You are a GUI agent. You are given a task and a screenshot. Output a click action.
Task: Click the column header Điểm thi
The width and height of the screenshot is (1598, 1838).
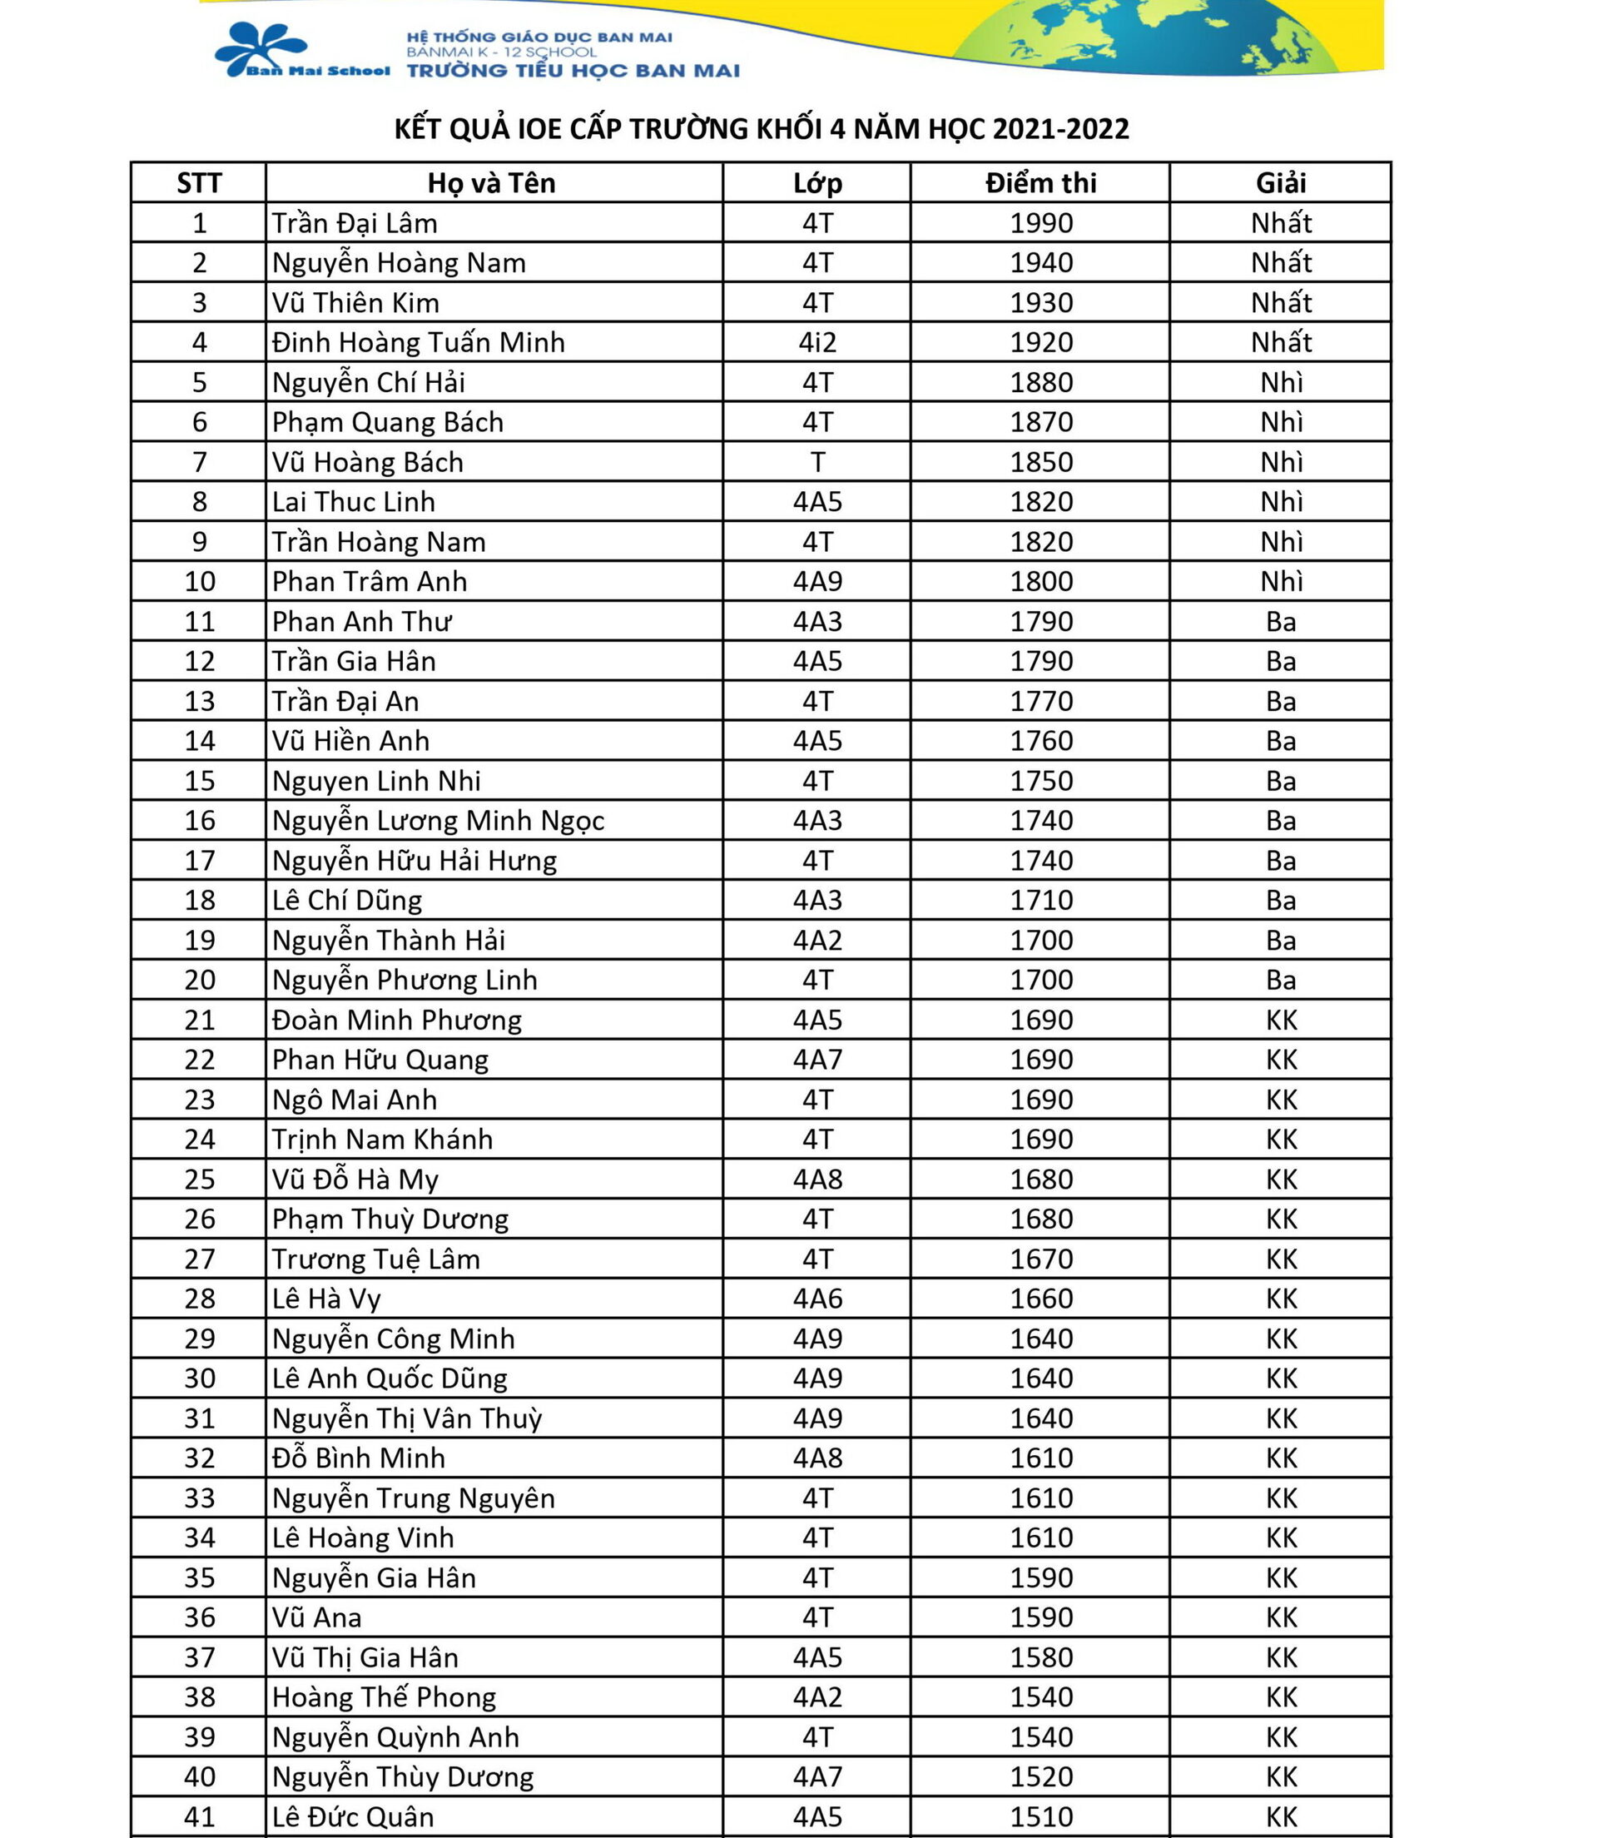tap(1040, 183)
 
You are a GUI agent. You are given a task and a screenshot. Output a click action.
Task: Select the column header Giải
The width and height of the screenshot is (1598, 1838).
tap(1281, 183)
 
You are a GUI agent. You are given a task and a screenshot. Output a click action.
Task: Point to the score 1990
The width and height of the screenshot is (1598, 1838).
tap(1040, 223)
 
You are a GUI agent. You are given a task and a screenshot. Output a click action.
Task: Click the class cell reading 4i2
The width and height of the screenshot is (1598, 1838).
tap(816, 342)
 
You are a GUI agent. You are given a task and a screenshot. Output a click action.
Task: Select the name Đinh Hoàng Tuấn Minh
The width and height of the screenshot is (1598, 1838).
tap(418, 342)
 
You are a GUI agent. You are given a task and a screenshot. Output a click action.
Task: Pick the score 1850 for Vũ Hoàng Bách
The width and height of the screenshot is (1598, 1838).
tap(1040, 462)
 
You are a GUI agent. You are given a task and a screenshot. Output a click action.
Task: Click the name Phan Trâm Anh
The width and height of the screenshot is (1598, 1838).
tap(370, 582)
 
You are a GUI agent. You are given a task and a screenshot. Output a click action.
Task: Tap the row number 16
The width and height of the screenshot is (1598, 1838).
tap(200, 821)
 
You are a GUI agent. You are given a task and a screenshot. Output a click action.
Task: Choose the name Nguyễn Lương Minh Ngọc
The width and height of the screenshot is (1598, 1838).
tap(438, 821)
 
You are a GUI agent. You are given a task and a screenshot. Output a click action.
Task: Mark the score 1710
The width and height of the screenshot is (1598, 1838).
tap(1040, 900)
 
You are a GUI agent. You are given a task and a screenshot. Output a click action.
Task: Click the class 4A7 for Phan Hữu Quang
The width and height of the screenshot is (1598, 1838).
tap(816, 1060)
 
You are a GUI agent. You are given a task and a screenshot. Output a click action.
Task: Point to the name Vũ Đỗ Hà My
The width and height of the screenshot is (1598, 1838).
tap(355, 1179)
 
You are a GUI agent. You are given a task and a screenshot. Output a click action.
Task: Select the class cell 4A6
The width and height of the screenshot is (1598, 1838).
tap(816, 1299)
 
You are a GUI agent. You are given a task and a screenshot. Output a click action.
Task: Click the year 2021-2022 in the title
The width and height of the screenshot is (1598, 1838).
tap(1060, 129)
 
